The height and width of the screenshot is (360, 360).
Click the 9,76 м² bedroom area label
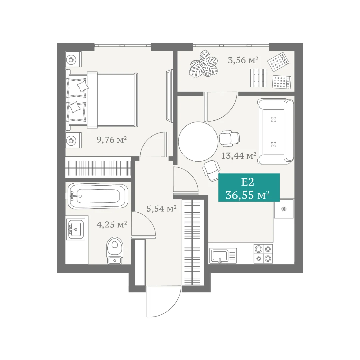tap(112, 140)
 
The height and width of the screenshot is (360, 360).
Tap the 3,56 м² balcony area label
tap(243, 60)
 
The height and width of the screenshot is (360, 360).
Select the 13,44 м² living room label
tap(239, 156)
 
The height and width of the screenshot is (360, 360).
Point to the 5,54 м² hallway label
tap(161, 209)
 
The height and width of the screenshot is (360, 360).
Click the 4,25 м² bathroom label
tap(112, 225)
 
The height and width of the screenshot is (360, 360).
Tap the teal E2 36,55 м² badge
tap(249, 188)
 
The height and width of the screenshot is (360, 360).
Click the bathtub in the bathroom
tap(98, 196)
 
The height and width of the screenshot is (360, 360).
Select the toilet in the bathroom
tap(114, 251)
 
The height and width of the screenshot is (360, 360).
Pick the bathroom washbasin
tap(76, 229)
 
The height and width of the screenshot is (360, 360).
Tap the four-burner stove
tap(263, 254)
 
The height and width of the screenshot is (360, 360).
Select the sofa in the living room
tap(276, 132)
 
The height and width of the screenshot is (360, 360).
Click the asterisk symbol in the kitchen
tap(284, 209)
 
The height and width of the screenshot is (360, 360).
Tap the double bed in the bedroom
tap(102, 99)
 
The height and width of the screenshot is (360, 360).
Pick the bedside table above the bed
tap(73, 59)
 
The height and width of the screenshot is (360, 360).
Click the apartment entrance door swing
tap(163, 301)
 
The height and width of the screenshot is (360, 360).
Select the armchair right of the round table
tap(229, 138)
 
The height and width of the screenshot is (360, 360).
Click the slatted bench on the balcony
tap(259, 78)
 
